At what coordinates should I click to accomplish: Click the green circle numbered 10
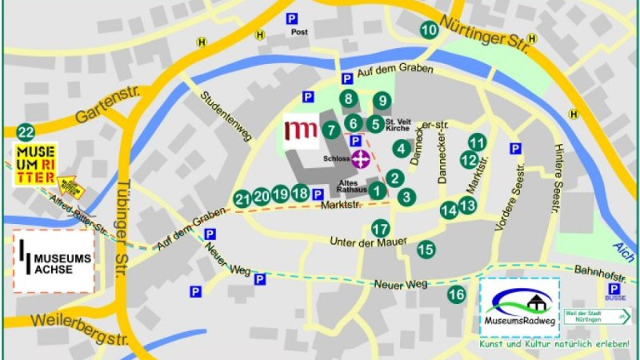430,30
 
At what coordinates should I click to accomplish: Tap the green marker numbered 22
26,132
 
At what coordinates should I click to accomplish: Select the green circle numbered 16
457,294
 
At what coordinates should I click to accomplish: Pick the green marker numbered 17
381,228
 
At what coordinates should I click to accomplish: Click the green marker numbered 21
242,198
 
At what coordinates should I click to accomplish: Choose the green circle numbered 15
426,250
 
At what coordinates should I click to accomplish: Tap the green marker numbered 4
402,148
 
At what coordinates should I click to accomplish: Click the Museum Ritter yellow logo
34,164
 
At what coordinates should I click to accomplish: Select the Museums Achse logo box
54,260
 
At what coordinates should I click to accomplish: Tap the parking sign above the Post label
294,18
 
